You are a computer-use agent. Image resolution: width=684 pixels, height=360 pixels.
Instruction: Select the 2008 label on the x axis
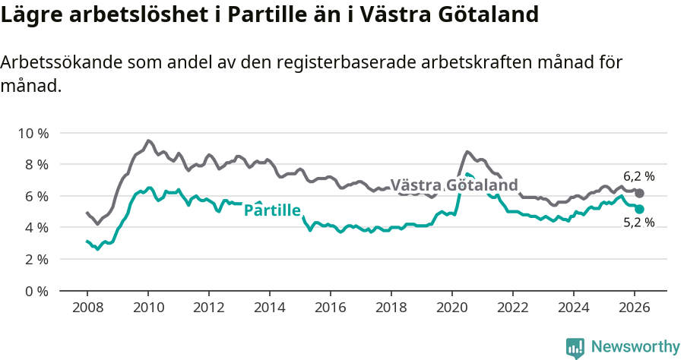pos(87,307)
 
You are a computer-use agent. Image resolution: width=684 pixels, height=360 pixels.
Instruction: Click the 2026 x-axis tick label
pos(635,307)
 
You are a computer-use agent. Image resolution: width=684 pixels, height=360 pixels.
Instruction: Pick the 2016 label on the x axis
pos(331,307)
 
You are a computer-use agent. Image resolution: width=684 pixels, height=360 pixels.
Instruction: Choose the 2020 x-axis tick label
pos(452,307)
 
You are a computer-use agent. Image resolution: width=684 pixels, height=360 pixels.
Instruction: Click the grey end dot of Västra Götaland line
pos(639,194)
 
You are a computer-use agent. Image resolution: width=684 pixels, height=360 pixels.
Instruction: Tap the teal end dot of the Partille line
pos(639,209)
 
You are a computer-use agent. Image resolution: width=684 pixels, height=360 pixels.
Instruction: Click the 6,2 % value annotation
pos(638,176)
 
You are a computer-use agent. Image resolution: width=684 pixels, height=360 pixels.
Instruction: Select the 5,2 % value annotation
pos(638,223)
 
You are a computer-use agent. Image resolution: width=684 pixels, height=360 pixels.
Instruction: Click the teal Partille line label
pos(272,210)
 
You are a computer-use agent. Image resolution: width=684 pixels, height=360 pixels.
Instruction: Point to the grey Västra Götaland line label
pos(454,185)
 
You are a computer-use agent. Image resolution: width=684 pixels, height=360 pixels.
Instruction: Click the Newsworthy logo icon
pos(575,347)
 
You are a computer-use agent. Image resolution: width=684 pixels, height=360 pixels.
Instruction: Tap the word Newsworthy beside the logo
pos(635,347)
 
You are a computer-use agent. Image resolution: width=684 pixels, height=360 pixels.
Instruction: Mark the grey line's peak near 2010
pos(148,141)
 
